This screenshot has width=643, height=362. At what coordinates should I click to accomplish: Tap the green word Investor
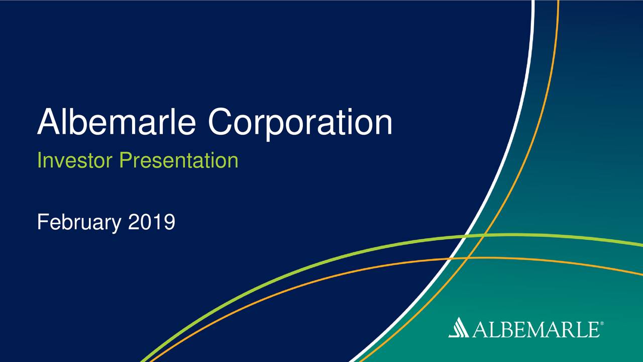coord(75,161)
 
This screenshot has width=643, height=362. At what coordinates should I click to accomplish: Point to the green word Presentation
coord(178,161)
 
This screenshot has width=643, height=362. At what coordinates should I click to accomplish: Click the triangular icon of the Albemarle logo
coord(459,329)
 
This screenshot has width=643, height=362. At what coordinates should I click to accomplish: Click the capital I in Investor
coord(40,161)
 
